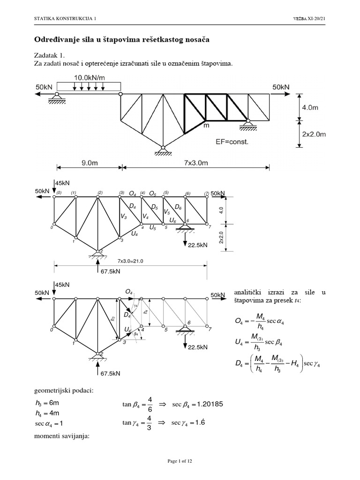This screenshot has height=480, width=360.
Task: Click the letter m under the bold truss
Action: tap(206, 126)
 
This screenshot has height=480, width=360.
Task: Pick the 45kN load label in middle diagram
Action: tap(62, 183)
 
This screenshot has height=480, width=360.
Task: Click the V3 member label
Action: tap(123, 216)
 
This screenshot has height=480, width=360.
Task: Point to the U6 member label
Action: tap(173, 220)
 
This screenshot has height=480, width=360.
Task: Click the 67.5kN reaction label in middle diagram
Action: tap(111, 271)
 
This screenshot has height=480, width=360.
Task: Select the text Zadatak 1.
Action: tap(49, 55)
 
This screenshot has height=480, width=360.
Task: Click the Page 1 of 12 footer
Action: tap(180, 461)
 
